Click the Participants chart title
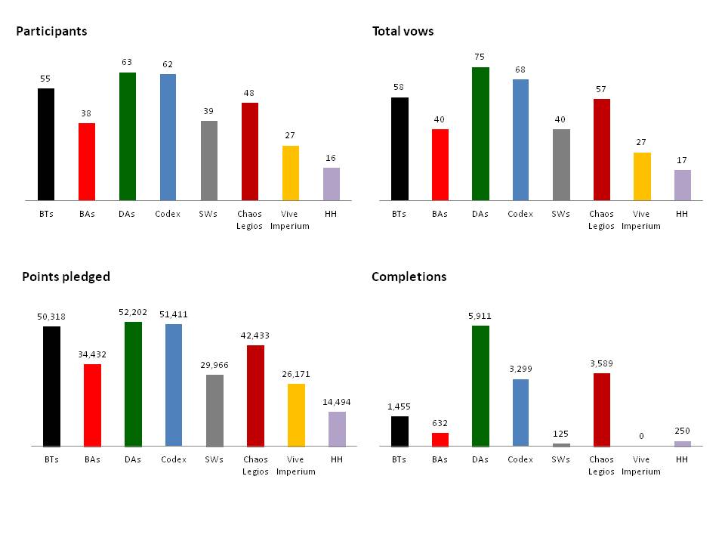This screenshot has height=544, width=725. coord(51,32)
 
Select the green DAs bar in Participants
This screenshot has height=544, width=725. coord(128,136)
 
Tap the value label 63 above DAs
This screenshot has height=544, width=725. coord(128,63)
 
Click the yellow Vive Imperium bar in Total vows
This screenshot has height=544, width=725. coord(641,176)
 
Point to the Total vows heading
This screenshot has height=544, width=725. coord(403,32)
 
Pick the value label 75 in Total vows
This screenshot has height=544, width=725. coord(480,57)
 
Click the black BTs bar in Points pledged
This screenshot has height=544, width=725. coord(51,386)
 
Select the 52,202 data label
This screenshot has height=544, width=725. coord(133,311)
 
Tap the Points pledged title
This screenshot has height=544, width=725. coord(66,277)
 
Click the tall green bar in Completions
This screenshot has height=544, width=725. coord(480,385)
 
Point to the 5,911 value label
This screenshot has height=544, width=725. coord(480,316)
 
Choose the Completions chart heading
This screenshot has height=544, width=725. coord(409,277)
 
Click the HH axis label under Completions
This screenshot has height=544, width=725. coord(682,459)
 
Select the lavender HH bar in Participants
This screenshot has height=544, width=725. coord(332,184)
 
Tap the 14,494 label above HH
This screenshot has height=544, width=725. coord(336,402)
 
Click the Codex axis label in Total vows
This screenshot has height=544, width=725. coord(521,214)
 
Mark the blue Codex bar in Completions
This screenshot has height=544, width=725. coord(521,412)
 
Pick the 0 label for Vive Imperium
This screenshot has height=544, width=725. coord(641,436)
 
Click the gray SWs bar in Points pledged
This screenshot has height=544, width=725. coord(214,410)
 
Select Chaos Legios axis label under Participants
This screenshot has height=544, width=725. coord(250,219)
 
